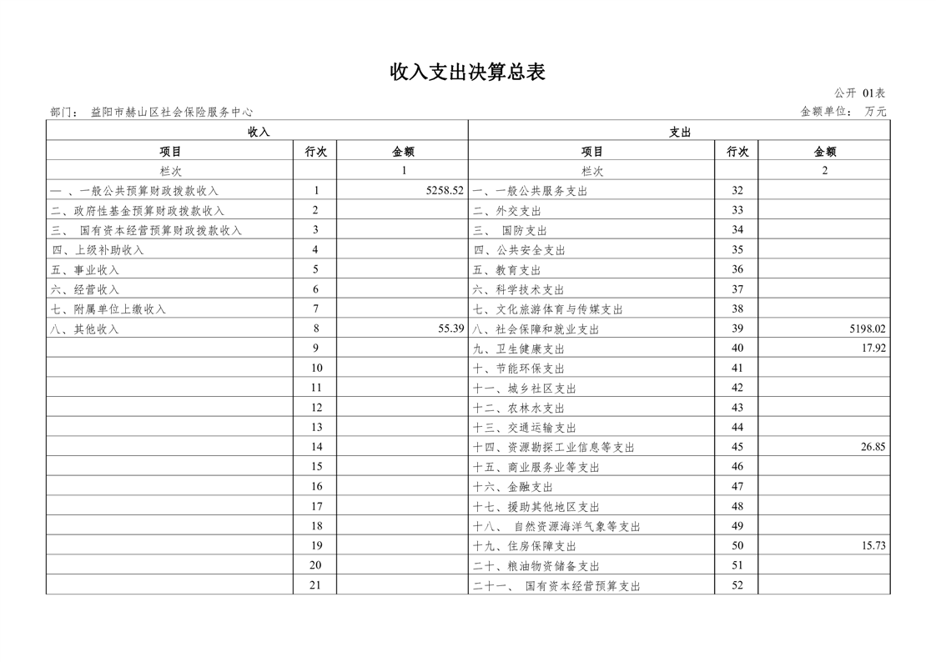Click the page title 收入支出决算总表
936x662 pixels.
[x=467, y=73]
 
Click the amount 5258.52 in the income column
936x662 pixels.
[x=444, y=191]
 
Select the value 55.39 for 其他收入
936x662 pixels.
[x=450, y=328]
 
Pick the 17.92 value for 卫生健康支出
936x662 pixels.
[x=873, y=349]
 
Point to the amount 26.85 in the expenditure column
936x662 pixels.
[x=873, y=447]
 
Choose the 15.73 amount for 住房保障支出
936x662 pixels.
[x=873, y=546]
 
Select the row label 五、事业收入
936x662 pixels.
[x=85, y=270]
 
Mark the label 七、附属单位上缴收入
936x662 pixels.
[x=108, y=309]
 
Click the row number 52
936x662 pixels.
[x=737, y=585]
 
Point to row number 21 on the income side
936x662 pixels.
[x=315, y=585]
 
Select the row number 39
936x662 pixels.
[x=737, y=329]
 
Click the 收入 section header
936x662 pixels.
[x=259, y=132]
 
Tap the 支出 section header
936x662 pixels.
[x=680, y=132]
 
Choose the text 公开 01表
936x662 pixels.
[x=860, y=93]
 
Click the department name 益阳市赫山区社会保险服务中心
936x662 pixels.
[x=172, y=112]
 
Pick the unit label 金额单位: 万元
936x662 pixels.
[x=843, y=112]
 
